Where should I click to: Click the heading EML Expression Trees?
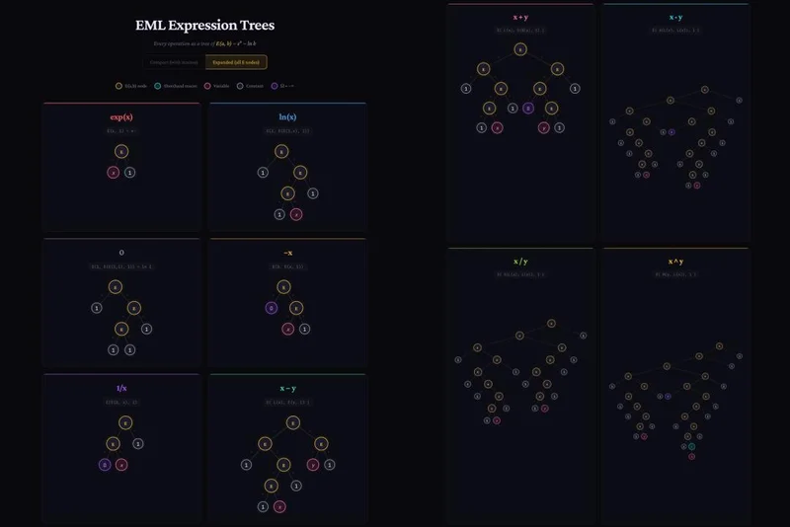[x=204, y=25]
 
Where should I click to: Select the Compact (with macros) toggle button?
[x=174, y=62]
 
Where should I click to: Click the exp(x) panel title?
[x=121, y=116]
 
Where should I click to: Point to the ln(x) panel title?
[x=287, y=116]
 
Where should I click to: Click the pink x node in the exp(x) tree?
[x=114, y=172]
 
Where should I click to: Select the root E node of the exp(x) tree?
[x=121, y=151]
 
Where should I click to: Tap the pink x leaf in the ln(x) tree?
[x=296, y=214]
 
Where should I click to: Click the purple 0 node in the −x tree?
[x=272, y=308]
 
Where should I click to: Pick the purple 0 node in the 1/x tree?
[x=105, y=464]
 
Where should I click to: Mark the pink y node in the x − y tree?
[x=313, y=464]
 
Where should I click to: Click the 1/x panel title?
[x=121, y=388]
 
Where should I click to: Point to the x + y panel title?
[x=520, y=17]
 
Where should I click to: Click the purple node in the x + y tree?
[x=529, y=108]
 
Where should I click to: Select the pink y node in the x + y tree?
[x=544, y=127]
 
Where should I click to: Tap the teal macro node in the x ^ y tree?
[x=691, y=447]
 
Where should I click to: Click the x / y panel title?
[x=520, y=262]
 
